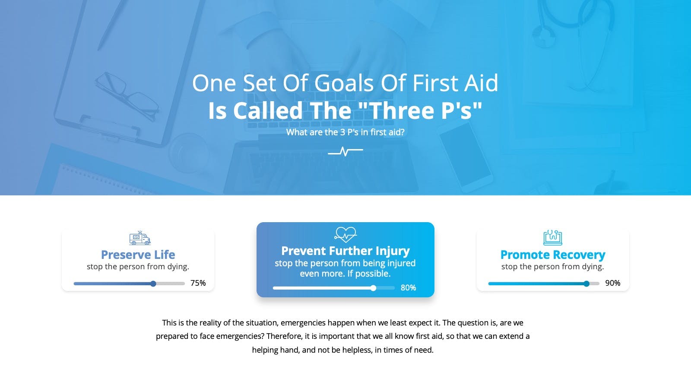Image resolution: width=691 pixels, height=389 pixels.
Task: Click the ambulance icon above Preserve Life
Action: click(140, 238)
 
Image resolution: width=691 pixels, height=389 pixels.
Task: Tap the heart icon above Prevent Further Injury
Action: click(345, 235)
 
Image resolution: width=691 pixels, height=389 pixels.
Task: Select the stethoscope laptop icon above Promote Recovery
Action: click(552, 237)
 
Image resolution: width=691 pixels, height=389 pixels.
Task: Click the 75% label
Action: click(198, 283)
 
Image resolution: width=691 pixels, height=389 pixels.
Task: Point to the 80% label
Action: click(408, 288)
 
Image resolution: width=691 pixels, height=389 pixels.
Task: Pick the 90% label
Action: click(613, 283)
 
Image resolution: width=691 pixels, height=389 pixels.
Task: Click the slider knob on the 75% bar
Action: click(153, 284)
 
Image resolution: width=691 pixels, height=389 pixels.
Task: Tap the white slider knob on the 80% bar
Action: click(373, 288)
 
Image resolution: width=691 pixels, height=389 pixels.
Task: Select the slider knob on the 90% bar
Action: click(586, 284)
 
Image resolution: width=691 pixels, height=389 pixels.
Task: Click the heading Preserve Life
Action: click(138, 255)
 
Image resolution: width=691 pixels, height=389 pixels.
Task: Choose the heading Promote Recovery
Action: click(552, 255)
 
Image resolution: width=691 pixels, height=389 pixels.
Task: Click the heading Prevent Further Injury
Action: click(345, 251)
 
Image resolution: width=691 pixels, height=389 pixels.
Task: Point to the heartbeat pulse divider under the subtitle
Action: click(345, 152)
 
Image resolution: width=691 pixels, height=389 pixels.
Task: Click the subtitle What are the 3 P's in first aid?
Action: click(345, 132)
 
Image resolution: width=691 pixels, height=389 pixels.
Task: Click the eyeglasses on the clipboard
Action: click(127, 96)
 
